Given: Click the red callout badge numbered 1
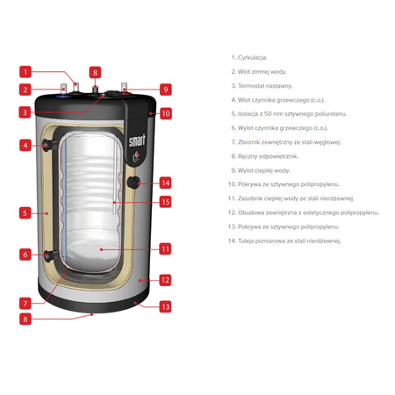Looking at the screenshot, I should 26,72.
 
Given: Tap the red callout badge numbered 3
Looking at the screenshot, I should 26,112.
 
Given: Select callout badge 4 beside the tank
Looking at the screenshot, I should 26,145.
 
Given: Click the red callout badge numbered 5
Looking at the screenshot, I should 26,212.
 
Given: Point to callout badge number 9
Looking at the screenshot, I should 164,89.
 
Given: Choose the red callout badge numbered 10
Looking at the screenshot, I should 165,113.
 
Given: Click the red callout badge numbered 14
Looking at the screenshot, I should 165,183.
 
